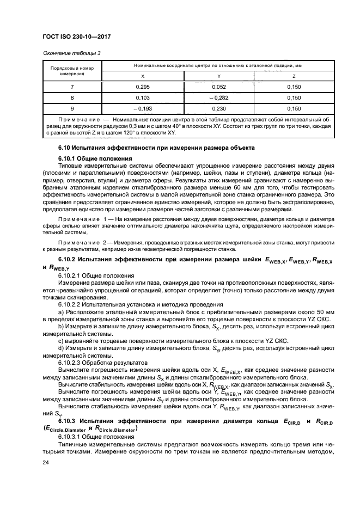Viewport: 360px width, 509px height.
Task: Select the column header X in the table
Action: tap(143, 76)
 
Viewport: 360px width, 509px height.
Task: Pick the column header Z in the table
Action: tap(294, 76)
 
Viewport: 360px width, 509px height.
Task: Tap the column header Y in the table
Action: tap(218, 76)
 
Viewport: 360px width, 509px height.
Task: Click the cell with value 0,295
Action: tap(143, 87)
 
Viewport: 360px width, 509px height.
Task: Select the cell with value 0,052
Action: tap(218, 87)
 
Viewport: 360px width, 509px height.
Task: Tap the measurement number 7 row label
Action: tap(72, 87)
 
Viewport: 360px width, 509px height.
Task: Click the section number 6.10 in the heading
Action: tap(64, 148)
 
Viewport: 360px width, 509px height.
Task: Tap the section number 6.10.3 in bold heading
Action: tap(68, 421)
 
